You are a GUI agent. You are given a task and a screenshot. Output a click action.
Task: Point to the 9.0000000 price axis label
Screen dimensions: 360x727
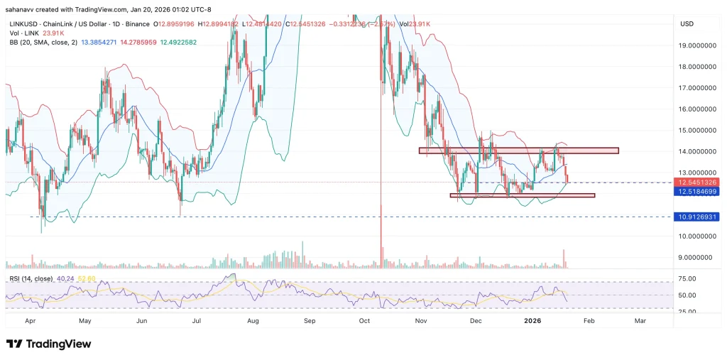coord(699,257)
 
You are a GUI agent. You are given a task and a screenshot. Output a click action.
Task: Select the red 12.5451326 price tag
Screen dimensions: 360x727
coord(699,182)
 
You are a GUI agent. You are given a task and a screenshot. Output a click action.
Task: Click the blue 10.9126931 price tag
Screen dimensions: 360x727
coord(699,217)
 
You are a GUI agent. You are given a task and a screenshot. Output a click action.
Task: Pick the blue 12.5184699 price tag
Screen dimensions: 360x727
coord(699,192)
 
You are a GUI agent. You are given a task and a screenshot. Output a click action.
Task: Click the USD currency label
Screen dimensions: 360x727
coord(687,23)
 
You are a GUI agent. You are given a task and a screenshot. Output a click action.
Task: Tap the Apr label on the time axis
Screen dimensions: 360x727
coord(30,321)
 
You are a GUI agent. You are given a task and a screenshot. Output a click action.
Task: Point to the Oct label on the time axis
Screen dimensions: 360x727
coord(365,321)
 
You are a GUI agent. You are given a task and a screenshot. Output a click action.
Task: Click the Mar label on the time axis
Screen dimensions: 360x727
coord(640,321)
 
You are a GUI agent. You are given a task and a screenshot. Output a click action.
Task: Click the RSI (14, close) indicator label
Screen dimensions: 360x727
coord(29,278)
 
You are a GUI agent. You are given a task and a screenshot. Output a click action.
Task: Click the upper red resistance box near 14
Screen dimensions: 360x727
coord(518,151)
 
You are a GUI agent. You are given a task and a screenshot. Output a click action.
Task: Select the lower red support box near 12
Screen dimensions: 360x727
coord(522,195)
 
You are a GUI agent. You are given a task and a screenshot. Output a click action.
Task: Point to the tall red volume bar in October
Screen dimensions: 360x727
coord(381,245)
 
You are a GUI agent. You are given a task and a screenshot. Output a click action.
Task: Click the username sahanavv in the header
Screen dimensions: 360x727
coord(21,9)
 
